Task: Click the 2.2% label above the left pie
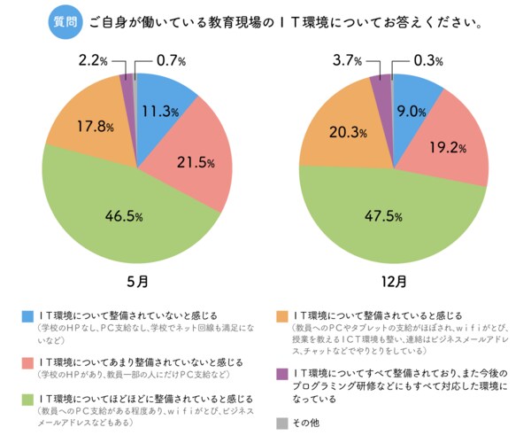point(91,61)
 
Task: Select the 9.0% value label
point(412,111)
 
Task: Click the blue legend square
point(29,315)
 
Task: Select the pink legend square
point(29,361)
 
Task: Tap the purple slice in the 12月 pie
point(381,87)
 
